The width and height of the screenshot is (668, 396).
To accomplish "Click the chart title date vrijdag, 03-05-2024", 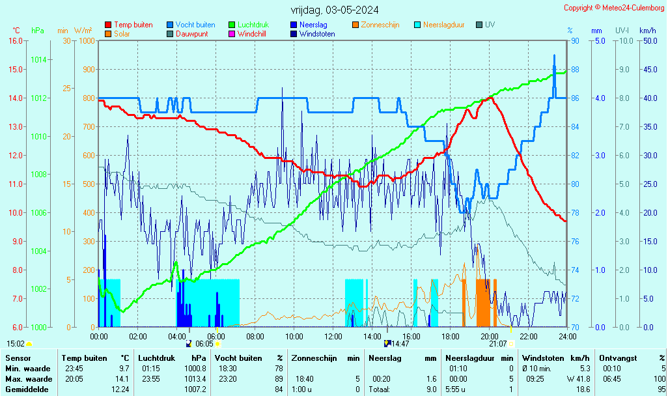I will tap(335, 10).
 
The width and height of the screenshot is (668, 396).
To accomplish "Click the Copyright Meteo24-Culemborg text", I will tap(615, 8).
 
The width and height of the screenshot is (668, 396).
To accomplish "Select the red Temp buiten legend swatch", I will tap(108, 25).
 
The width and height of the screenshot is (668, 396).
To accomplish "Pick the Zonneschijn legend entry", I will tap(380, 25).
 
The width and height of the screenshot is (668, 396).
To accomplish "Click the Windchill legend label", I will tap(251, 34).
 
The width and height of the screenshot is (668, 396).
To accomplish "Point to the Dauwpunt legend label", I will tap(191, 34).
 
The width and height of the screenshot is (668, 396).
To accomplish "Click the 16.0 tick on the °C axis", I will tap(16, 41).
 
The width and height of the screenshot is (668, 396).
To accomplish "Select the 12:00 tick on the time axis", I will tap(333, 336).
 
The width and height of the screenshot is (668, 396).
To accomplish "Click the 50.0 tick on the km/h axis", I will tap(648, 41).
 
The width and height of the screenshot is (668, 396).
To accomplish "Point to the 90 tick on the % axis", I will tap(576, 41).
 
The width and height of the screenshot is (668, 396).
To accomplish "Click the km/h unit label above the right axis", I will tap(647, 31).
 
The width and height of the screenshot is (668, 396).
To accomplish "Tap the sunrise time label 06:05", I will tap(204, 344).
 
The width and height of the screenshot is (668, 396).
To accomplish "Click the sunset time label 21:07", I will tap(498, 344).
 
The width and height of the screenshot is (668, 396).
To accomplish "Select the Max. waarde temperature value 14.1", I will tap(122, 379).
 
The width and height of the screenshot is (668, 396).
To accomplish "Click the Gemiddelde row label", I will tap(25, 389).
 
